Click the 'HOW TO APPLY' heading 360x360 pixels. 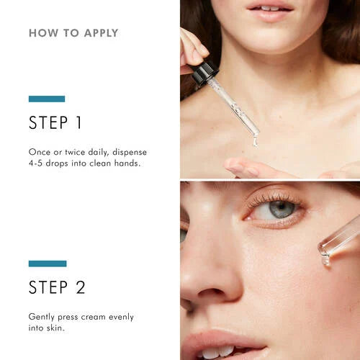coord(73,33)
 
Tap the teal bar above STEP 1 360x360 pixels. coord(47,99)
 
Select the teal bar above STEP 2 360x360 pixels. coord(48,264)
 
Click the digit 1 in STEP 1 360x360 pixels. coord(78,123)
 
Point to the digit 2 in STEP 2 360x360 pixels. coord(80,288)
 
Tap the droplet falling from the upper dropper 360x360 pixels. coord(255,140)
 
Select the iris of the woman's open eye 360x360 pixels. coord(281,209)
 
